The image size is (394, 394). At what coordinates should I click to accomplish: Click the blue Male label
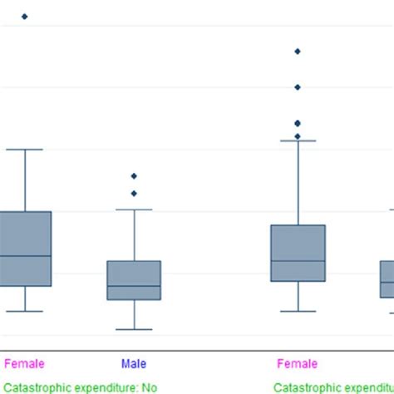[134, 363]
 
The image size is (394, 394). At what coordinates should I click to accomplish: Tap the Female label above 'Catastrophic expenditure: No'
[24, 363]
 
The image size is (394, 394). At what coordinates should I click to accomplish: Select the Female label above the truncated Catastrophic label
[297, 363]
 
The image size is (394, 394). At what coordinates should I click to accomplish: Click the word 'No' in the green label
[149, 386]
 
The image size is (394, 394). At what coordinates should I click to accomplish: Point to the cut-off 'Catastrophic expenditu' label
[333, 386]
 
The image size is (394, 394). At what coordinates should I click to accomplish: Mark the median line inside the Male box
[134, 287]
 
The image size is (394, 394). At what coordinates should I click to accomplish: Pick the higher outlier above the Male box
[134, 176]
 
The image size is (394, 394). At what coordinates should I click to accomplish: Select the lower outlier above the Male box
[134, 194]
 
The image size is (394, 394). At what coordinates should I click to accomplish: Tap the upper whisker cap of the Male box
[134, 209]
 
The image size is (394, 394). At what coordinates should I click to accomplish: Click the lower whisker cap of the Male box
[134, 329]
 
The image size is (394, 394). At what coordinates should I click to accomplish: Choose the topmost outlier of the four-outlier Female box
[297, 52]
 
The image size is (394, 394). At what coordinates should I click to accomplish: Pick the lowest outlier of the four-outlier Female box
[297, 136]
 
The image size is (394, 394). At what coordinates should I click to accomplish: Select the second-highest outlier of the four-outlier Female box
[297, 87]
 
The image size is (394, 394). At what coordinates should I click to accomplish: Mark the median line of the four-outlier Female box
[297, 261]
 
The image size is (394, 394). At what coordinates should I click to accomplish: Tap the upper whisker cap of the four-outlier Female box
[297, 141]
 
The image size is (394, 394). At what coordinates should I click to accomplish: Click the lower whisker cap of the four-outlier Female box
[297, 312]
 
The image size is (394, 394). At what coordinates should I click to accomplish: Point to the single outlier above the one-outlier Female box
[24, 17]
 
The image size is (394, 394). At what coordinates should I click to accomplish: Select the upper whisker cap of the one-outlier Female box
[24, 150]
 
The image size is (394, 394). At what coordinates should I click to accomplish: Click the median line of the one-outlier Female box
[24, 256]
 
